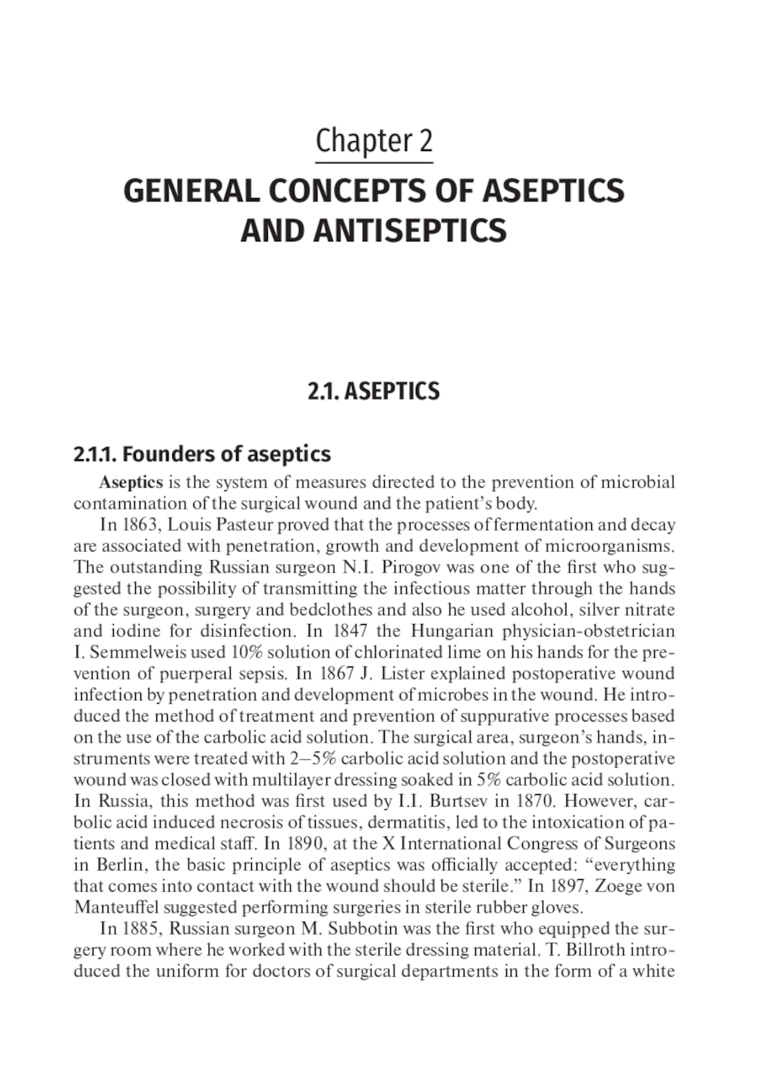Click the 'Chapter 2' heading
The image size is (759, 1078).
tap(373, 142)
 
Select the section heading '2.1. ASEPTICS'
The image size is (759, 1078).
tap(373, 392)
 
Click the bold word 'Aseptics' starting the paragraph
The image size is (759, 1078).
tap(131, 482)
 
